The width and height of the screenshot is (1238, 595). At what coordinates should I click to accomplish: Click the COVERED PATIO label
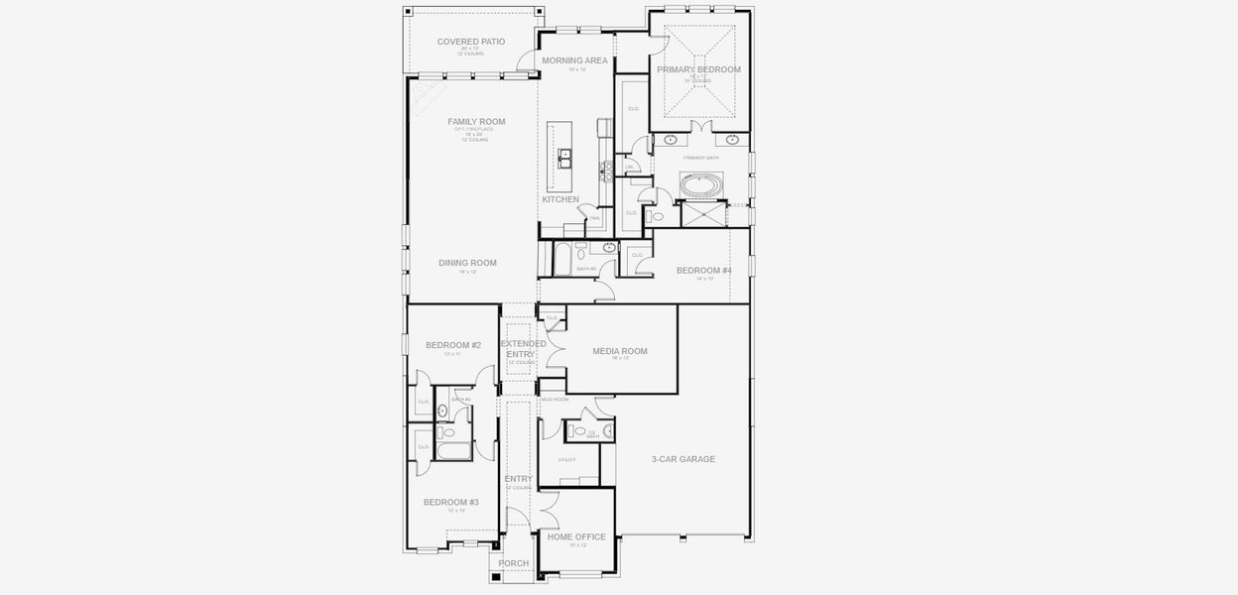(x=471, y=42)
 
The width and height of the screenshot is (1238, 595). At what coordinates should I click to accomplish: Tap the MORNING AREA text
(x=574, y=60)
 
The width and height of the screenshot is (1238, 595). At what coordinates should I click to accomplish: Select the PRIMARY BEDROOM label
(x=698, y=69)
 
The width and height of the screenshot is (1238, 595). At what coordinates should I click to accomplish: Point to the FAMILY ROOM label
(x=476, y=122)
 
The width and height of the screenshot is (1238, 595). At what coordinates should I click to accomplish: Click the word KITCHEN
(x=560, y=199)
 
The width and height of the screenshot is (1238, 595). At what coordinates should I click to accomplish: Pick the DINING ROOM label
(x=467, y=263)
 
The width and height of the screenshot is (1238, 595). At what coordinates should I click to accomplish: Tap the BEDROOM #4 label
(x=704, y=271)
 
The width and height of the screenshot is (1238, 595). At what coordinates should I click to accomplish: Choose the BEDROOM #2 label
(x=453, y=345)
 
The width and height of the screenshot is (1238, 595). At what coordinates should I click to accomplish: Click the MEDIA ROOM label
(x=620, y=351)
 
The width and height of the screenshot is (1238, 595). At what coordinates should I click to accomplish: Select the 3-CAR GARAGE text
(x=683, y=459)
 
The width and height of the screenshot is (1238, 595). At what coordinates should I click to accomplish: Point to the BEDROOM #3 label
(x=451, y=503)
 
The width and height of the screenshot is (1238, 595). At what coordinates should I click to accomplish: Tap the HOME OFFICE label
(x=576, y=536)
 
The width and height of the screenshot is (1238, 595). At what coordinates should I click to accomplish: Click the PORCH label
(x=514, y=563)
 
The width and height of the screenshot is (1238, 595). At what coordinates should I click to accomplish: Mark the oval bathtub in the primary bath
(x=700, y=183)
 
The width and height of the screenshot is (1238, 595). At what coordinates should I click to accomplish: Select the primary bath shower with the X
(x=701, y=213)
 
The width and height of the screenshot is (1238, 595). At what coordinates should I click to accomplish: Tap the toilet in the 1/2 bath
(x=579, y=431)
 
